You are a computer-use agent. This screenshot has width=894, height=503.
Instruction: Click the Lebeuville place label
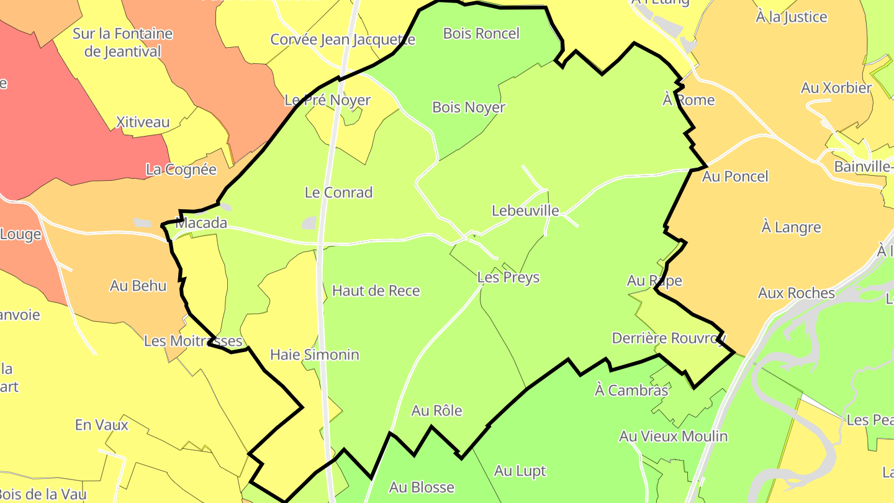pos(525,211)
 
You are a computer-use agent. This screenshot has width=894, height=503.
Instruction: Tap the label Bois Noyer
pos(469,107)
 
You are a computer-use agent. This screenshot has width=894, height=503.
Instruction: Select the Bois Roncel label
pos(481,34)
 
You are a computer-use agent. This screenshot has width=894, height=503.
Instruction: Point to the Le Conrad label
pos(338,193)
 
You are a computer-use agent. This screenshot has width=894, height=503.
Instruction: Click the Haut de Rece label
pos(376,291)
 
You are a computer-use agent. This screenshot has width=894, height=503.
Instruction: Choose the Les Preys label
pos(508,278)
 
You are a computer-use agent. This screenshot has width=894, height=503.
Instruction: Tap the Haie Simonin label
pos(315,355)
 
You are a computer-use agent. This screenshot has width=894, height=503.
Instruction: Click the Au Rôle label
pos(437,410)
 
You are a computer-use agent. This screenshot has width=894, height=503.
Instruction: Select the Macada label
pos(201,223)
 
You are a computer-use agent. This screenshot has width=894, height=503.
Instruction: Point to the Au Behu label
pos(138,286)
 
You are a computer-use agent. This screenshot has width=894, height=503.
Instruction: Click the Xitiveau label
pos(143,122)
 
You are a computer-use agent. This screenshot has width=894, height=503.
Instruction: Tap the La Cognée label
pos(181,170)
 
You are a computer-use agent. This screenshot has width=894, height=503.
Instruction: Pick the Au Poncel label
pos(735,176)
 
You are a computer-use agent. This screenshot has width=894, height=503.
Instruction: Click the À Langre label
pos(791,227)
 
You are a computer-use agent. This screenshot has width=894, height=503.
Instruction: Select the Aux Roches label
pos(797,292)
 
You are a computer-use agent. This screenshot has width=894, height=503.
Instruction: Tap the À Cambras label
pos(631,390)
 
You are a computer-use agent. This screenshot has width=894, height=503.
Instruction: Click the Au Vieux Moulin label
pos(673,436)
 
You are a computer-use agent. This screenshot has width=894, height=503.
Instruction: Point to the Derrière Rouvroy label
pos(669,338)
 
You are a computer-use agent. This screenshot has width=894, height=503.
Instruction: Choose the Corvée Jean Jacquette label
pos(343,40)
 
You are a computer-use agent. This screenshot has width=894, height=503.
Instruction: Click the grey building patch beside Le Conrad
pos(309,223)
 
